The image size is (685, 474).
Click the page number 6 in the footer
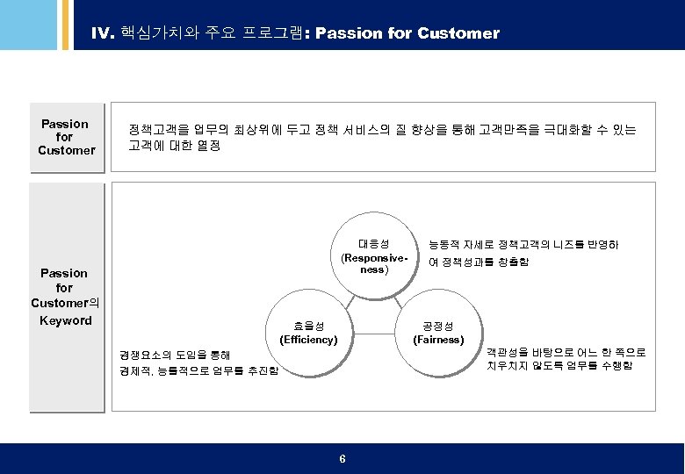[x=342, y=460]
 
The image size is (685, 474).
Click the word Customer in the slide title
[x=458, y=34]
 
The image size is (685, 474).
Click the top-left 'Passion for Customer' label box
[x=65, y=137]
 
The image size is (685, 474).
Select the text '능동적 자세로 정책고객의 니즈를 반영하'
[x=523, y=244]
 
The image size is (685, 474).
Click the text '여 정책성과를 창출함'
[x=478, y=262]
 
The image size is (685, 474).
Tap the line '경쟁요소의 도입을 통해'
[x=175, y=355]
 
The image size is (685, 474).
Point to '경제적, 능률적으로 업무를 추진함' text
[x=198, y=371]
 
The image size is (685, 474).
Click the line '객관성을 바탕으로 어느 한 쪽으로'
[x=566, y=351]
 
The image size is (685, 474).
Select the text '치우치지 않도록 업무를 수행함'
[x=559, y=365]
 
